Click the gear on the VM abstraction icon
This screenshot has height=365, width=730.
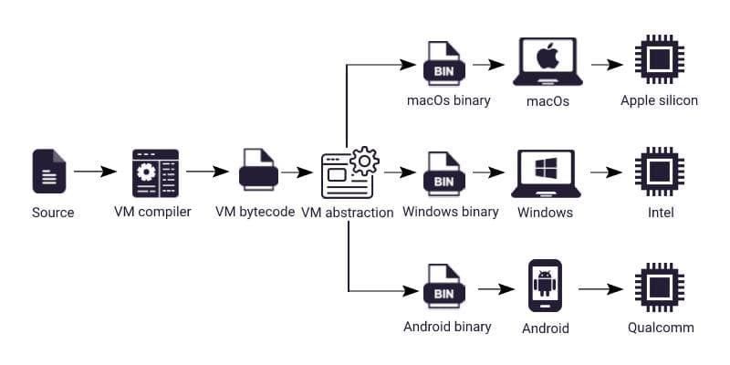364,161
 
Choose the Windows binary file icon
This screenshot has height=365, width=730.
443,172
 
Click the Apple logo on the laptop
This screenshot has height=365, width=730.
547,59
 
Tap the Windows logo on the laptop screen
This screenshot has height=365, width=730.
546,170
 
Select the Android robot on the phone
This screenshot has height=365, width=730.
546,283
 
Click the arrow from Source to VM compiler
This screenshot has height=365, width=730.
95,172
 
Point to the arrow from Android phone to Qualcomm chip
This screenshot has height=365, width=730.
602,288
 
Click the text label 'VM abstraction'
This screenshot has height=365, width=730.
348,213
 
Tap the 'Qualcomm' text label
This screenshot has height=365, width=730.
661,327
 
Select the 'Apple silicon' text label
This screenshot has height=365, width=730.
659,100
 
